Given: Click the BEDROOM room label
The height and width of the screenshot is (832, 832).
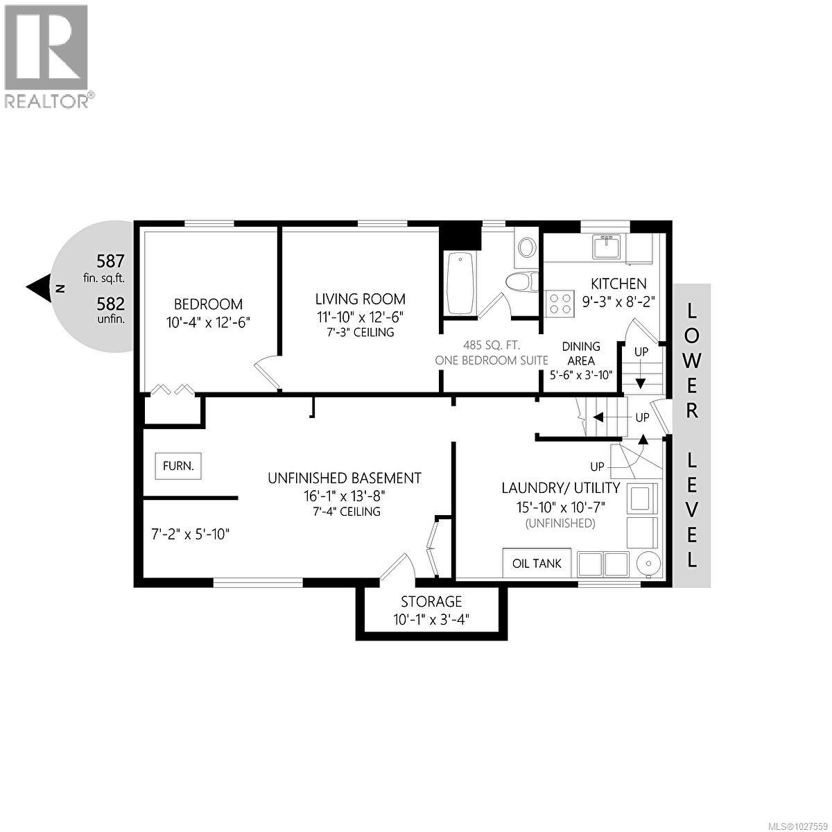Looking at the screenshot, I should (x=208, y=304).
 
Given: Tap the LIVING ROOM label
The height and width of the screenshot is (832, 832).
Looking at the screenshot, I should (x=360, y=299).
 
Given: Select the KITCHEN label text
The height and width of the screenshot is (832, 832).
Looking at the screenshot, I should (x=618, y=283).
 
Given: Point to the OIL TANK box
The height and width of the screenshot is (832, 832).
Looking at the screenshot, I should (x=537, y=563).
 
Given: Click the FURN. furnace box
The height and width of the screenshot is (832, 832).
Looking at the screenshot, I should (x=178, y=465).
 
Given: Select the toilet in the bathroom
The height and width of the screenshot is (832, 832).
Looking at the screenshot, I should (x=522, y=281).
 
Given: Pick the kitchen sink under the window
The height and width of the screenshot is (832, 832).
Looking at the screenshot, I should (x=608, y=247).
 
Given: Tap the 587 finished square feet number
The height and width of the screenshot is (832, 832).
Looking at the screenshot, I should (x=110, y=261).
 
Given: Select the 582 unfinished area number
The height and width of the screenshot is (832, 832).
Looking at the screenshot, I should (x=110, y=304).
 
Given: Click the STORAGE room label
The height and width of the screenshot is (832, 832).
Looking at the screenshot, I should (x=431, y=601).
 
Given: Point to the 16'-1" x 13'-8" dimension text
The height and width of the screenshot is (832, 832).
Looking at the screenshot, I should (x=345, y=495).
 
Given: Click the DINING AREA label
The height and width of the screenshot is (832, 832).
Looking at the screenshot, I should (x=581, y=352).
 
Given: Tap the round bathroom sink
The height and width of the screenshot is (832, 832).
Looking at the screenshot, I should (x=527, y=248).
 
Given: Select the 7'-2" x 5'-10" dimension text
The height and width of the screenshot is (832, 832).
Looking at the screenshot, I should (x=190, y=534).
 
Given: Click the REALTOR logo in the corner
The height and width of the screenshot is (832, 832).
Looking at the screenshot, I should (x=47, y=55).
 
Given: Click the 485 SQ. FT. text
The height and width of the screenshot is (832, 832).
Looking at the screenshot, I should (x=491, y=345).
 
